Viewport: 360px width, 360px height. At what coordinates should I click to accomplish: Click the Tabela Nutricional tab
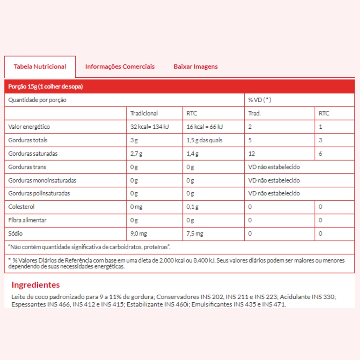[40, 67]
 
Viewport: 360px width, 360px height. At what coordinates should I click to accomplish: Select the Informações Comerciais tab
[120, 67]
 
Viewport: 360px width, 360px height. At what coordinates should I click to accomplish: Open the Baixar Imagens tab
[195, 67]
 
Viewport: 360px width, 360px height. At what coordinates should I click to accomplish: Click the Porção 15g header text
[46, 87]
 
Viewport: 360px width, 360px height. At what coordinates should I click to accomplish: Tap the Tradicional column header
[144, 113]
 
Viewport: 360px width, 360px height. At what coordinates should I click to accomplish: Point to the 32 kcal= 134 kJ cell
[149, 127]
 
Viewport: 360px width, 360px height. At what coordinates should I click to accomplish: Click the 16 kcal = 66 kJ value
[205, 127]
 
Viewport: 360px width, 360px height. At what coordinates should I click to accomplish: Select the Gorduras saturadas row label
[33, 154]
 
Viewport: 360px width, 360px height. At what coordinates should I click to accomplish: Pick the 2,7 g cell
[137, 154]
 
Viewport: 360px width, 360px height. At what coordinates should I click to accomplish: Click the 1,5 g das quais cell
[205, 140]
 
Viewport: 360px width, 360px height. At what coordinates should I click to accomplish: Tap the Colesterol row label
[21, 207]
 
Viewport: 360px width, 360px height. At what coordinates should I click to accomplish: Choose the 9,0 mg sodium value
[139, 233]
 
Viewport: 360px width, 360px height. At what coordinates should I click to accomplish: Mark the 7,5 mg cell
[195, 233]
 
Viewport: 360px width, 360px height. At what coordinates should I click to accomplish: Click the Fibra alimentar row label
[27, 220]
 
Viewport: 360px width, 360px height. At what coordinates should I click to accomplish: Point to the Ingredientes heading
[36, 285]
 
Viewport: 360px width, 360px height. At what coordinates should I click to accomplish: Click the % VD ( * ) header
[259, 100]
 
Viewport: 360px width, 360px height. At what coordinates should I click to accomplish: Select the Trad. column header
[255, 113]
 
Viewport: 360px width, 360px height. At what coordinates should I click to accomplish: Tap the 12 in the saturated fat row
[251, 154]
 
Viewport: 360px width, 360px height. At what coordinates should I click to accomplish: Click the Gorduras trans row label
[27, 167]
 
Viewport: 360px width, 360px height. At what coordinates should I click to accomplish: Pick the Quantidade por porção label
[37, 100]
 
